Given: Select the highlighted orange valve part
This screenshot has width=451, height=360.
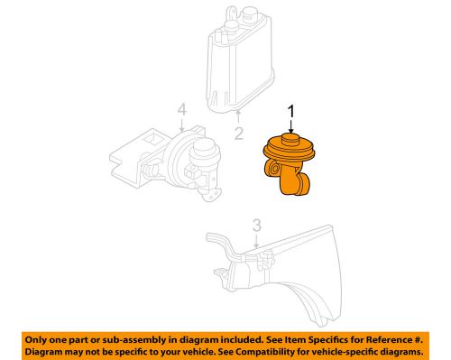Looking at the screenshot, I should pos(288,162).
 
